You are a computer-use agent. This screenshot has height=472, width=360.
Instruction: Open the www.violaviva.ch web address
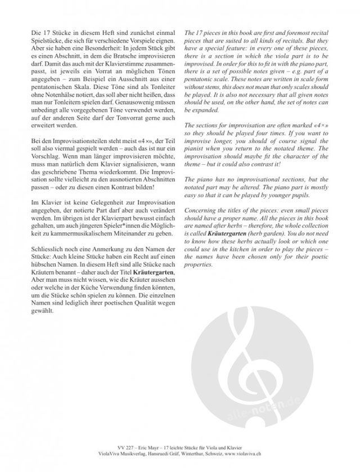(259, 461)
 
